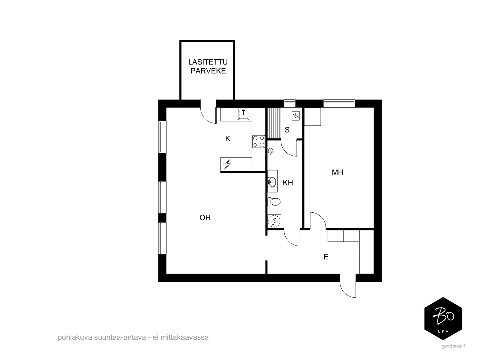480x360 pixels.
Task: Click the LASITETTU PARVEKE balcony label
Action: point(208,66)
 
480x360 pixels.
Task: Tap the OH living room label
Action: point(205,218)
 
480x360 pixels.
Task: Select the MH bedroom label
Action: point(337,172)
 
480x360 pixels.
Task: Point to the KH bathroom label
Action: point(288,183)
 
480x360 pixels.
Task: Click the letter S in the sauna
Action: point(287,130)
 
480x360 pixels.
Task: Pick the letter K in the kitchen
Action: point(228,139)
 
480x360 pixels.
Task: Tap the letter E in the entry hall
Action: point(326,257)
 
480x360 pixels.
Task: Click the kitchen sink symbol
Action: point(244,114)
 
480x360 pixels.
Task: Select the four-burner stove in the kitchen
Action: point(259,142)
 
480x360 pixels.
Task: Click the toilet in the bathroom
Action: point(274,202)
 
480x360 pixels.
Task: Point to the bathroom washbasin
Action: point(272,182)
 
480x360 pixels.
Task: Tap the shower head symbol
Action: point(271,151)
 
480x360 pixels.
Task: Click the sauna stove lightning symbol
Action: point(296,115)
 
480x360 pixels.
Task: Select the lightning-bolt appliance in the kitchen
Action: point(227,164)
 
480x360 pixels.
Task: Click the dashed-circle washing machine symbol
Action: point(274,221)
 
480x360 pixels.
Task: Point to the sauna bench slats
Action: point(273,123)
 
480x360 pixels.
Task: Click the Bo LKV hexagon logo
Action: point(443,319)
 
